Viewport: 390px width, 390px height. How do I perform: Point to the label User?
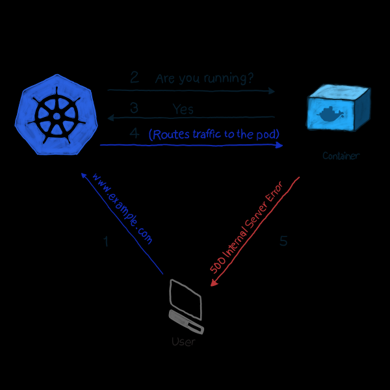coord(183,341)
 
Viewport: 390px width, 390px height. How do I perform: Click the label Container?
coord(341,156)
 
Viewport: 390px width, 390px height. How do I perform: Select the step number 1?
coord(106,242)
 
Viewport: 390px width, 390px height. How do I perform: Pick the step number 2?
coord(135,77)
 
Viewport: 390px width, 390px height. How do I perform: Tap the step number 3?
coord(134,107)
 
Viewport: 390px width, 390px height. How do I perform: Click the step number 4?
coord(135,133)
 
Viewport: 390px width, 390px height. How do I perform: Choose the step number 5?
coord(283,241)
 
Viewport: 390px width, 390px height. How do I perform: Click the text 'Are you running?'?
coord(204,79)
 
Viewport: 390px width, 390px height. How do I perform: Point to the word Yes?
coord(183,109)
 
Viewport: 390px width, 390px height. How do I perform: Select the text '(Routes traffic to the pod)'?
coord(214,135)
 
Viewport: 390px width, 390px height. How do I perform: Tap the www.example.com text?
coord(122,209)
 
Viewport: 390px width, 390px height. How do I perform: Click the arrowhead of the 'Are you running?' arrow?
coord(272,91)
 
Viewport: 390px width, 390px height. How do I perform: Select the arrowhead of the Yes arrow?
coord(110,118)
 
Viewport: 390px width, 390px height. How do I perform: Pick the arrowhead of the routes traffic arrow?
coord(279,146)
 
